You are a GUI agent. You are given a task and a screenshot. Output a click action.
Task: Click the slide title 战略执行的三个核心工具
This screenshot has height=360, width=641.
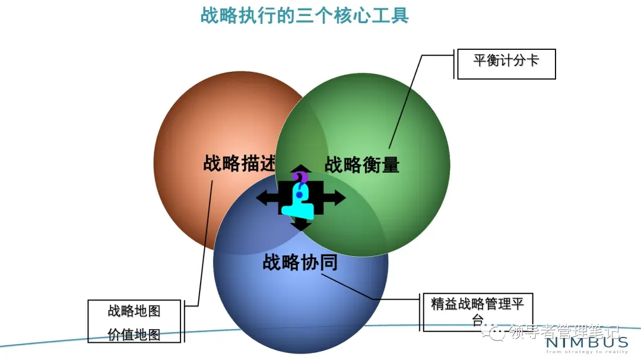pos(304,15)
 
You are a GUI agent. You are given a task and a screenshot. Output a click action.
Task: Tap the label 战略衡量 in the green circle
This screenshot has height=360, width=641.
pos(362,164)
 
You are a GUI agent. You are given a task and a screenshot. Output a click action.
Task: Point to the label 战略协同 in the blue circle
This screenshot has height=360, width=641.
pos(300,262)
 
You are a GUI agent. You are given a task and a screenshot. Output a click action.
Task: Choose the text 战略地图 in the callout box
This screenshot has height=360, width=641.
pos(134,311)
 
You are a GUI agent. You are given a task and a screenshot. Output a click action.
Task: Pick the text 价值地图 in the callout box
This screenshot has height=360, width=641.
pos(134,334)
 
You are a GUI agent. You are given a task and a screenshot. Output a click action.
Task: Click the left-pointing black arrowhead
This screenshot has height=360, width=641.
pos(262,198)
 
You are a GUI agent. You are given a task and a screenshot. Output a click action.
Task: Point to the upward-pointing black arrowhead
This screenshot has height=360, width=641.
pos(301,168)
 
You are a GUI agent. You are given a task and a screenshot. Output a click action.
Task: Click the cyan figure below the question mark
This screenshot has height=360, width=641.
pos(299,206)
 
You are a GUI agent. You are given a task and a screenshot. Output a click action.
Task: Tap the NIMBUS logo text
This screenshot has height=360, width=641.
pos(587,342)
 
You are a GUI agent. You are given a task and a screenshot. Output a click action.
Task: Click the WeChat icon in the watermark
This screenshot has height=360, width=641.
pos(497,332)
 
